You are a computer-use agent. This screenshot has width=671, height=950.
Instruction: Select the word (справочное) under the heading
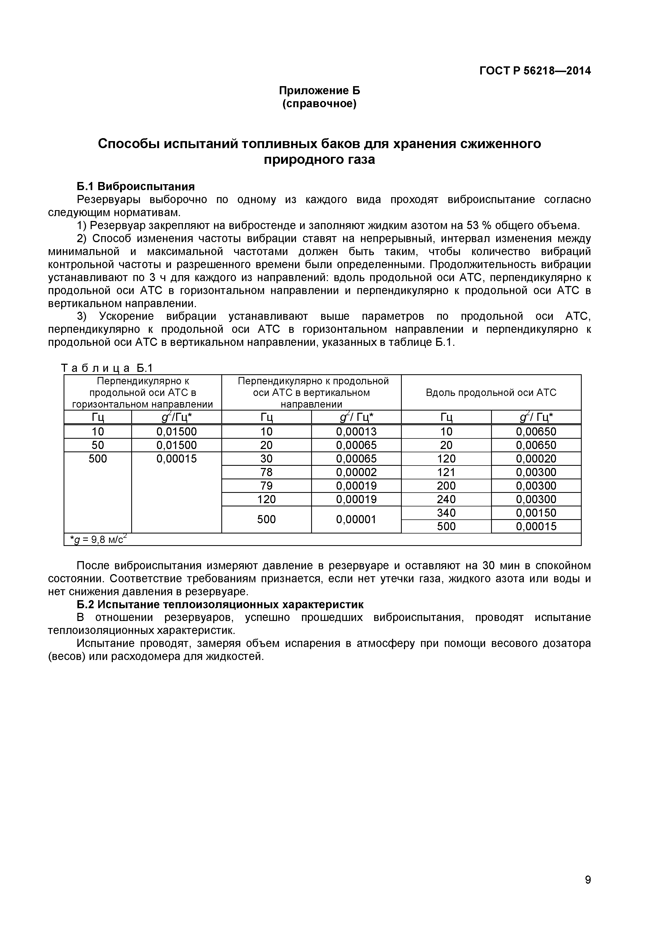pyautogui.click(x=319, y=103)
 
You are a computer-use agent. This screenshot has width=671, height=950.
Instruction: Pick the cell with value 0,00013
pyautogui.click(x=356, y=432)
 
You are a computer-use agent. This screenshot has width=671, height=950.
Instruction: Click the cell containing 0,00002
pyautogui.click(x=356, y=472)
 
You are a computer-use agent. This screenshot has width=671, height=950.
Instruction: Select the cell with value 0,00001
pyautogui.click(x=356, y=519)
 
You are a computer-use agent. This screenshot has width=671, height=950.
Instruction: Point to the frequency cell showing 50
pyautogui.click(x=98, y=445)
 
